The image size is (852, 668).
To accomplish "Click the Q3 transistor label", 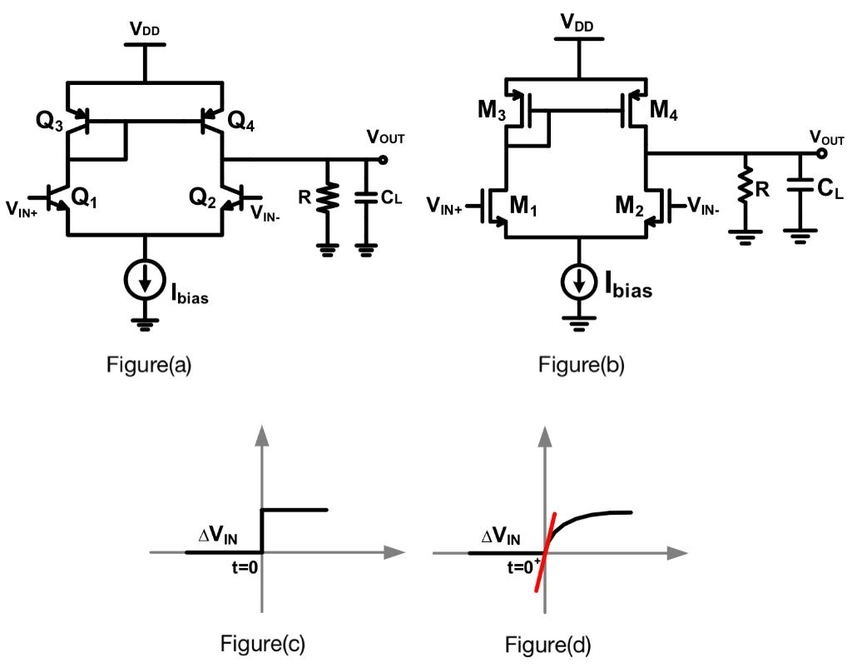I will [x=49, y=121].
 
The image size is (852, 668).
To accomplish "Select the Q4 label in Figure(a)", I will [x=242, y=122].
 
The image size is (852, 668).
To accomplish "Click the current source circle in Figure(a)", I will [x=146, y=282].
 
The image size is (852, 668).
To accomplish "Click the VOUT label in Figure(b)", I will [x=827, y=138].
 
